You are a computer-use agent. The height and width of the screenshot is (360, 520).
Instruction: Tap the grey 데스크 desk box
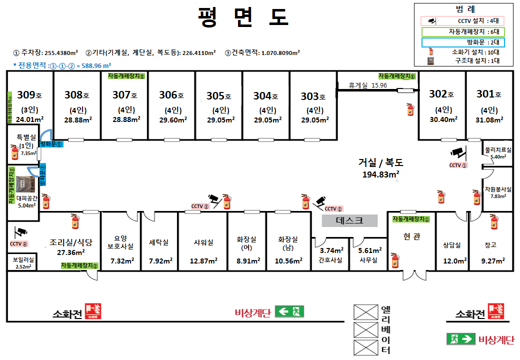(x=349, y=220)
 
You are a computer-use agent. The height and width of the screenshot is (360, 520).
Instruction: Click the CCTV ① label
(x=457, y=165)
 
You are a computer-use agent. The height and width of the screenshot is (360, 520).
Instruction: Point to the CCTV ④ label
(x=18, y=243)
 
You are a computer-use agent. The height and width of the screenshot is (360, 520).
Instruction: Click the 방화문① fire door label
(x=51, y=144)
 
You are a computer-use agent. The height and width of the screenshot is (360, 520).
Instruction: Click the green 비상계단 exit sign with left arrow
(x=289, y=312)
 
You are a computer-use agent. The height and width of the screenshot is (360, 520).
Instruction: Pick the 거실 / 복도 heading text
(x=380, y=162)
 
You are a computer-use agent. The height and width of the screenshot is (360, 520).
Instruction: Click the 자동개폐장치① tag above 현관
(x=411, y=219)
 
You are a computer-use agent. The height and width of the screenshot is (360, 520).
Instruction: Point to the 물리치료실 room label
(x=498, y=149)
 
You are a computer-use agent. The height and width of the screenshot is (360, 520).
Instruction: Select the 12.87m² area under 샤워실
(x=203, y=260)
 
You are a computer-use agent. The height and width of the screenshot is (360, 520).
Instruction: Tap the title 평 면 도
(x=243, y=17)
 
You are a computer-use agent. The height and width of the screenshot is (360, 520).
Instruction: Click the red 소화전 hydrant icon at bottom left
(x=93, y=311)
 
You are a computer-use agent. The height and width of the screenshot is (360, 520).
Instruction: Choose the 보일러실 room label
(x=22, y=259)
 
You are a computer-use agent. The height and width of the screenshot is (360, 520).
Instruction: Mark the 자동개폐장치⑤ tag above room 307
(x=125, y=76)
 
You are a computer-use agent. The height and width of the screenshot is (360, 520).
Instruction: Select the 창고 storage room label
(x=490, y=244)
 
